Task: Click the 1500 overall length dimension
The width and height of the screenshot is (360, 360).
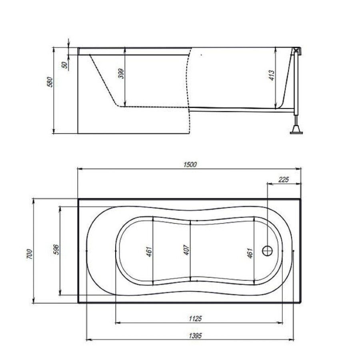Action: click(190, 165)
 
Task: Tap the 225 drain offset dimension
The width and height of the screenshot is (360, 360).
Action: click(284, 180)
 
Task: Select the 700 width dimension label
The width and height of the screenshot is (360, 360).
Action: click(30, 254)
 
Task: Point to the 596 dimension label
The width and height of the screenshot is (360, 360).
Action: click(56, 250)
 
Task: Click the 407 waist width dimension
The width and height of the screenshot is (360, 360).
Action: click(186, 250)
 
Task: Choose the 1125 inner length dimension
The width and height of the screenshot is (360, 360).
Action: click(195, 318)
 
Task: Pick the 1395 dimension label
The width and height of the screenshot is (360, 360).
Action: click(195, 336)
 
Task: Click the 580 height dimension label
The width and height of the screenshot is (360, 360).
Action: click(50, 82)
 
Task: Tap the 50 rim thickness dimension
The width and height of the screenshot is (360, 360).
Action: click(65, 65)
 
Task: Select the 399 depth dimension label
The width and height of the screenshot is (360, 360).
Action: click(121, 74)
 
